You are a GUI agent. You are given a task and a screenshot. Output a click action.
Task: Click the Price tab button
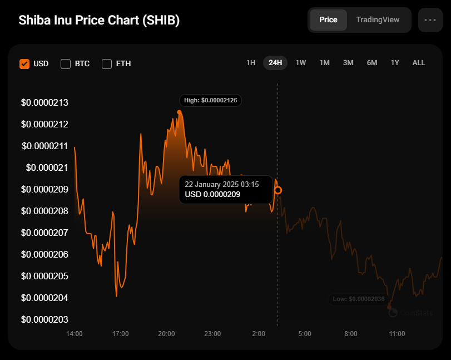328,19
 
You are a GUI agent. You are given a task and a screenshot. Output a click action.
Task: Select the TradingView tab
378,19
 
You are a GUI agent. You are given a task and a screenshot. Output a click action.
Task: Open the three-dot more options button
430,20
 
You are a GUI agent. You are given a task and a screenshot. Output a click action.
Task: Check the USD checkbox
24,63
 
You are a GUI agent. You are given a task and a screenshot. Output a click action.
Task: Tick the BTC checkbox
66,63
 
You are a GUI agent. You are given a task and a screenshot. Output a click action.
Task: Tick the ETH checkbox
107,63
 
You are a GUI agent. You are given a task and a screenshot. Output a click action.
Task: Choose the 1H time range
251,63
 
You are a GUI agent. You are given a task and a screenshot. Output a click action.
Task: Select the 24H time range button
275,63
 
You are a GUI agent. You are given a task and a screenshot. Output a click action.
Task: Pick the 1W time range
301,63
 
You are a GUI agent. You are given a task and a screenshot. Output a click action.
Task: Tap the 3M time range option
348,63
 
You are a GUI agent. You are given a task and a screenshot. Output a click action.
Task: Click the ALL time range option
419,63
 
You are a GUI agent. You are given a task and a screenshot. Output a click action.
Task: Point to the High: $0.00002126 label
210,100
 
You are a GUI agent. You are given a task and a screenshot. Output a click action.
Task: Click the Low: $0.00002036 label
359,299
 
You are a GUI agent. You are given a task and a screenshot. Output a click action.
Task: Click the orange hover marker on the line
278,190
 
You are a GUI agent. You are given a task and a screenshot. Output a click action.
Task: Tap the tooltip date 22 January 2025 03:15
222,184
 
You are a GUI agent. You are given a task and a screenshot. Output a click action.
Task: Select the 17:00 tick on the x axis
121,334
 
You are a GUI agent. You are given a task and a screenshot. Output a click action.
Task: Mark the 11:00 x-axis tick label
397,334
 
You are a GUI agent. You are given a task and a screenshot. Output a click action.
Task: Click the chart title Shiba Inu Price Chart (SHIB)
99,20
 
